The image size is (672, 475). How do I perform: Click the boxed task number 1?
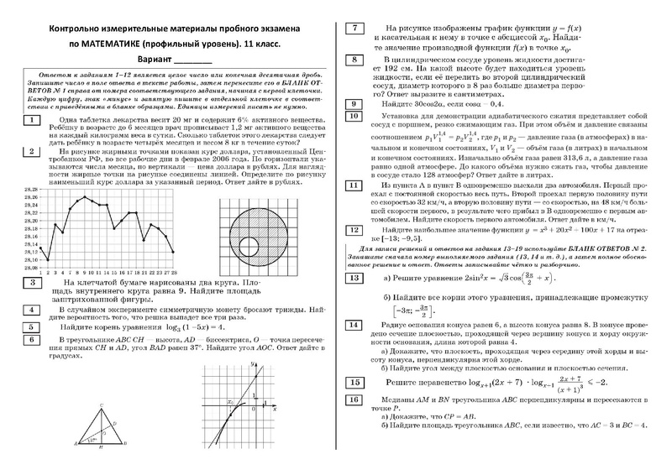(x=30, y=120)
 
